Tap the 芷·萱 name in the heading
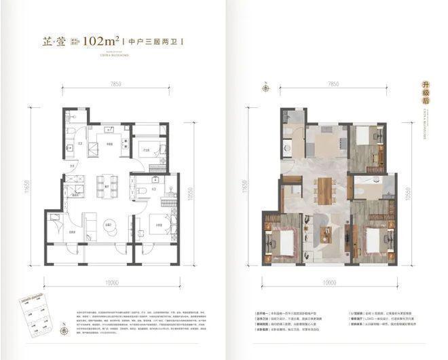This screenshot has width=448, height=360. coord(53,40)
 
